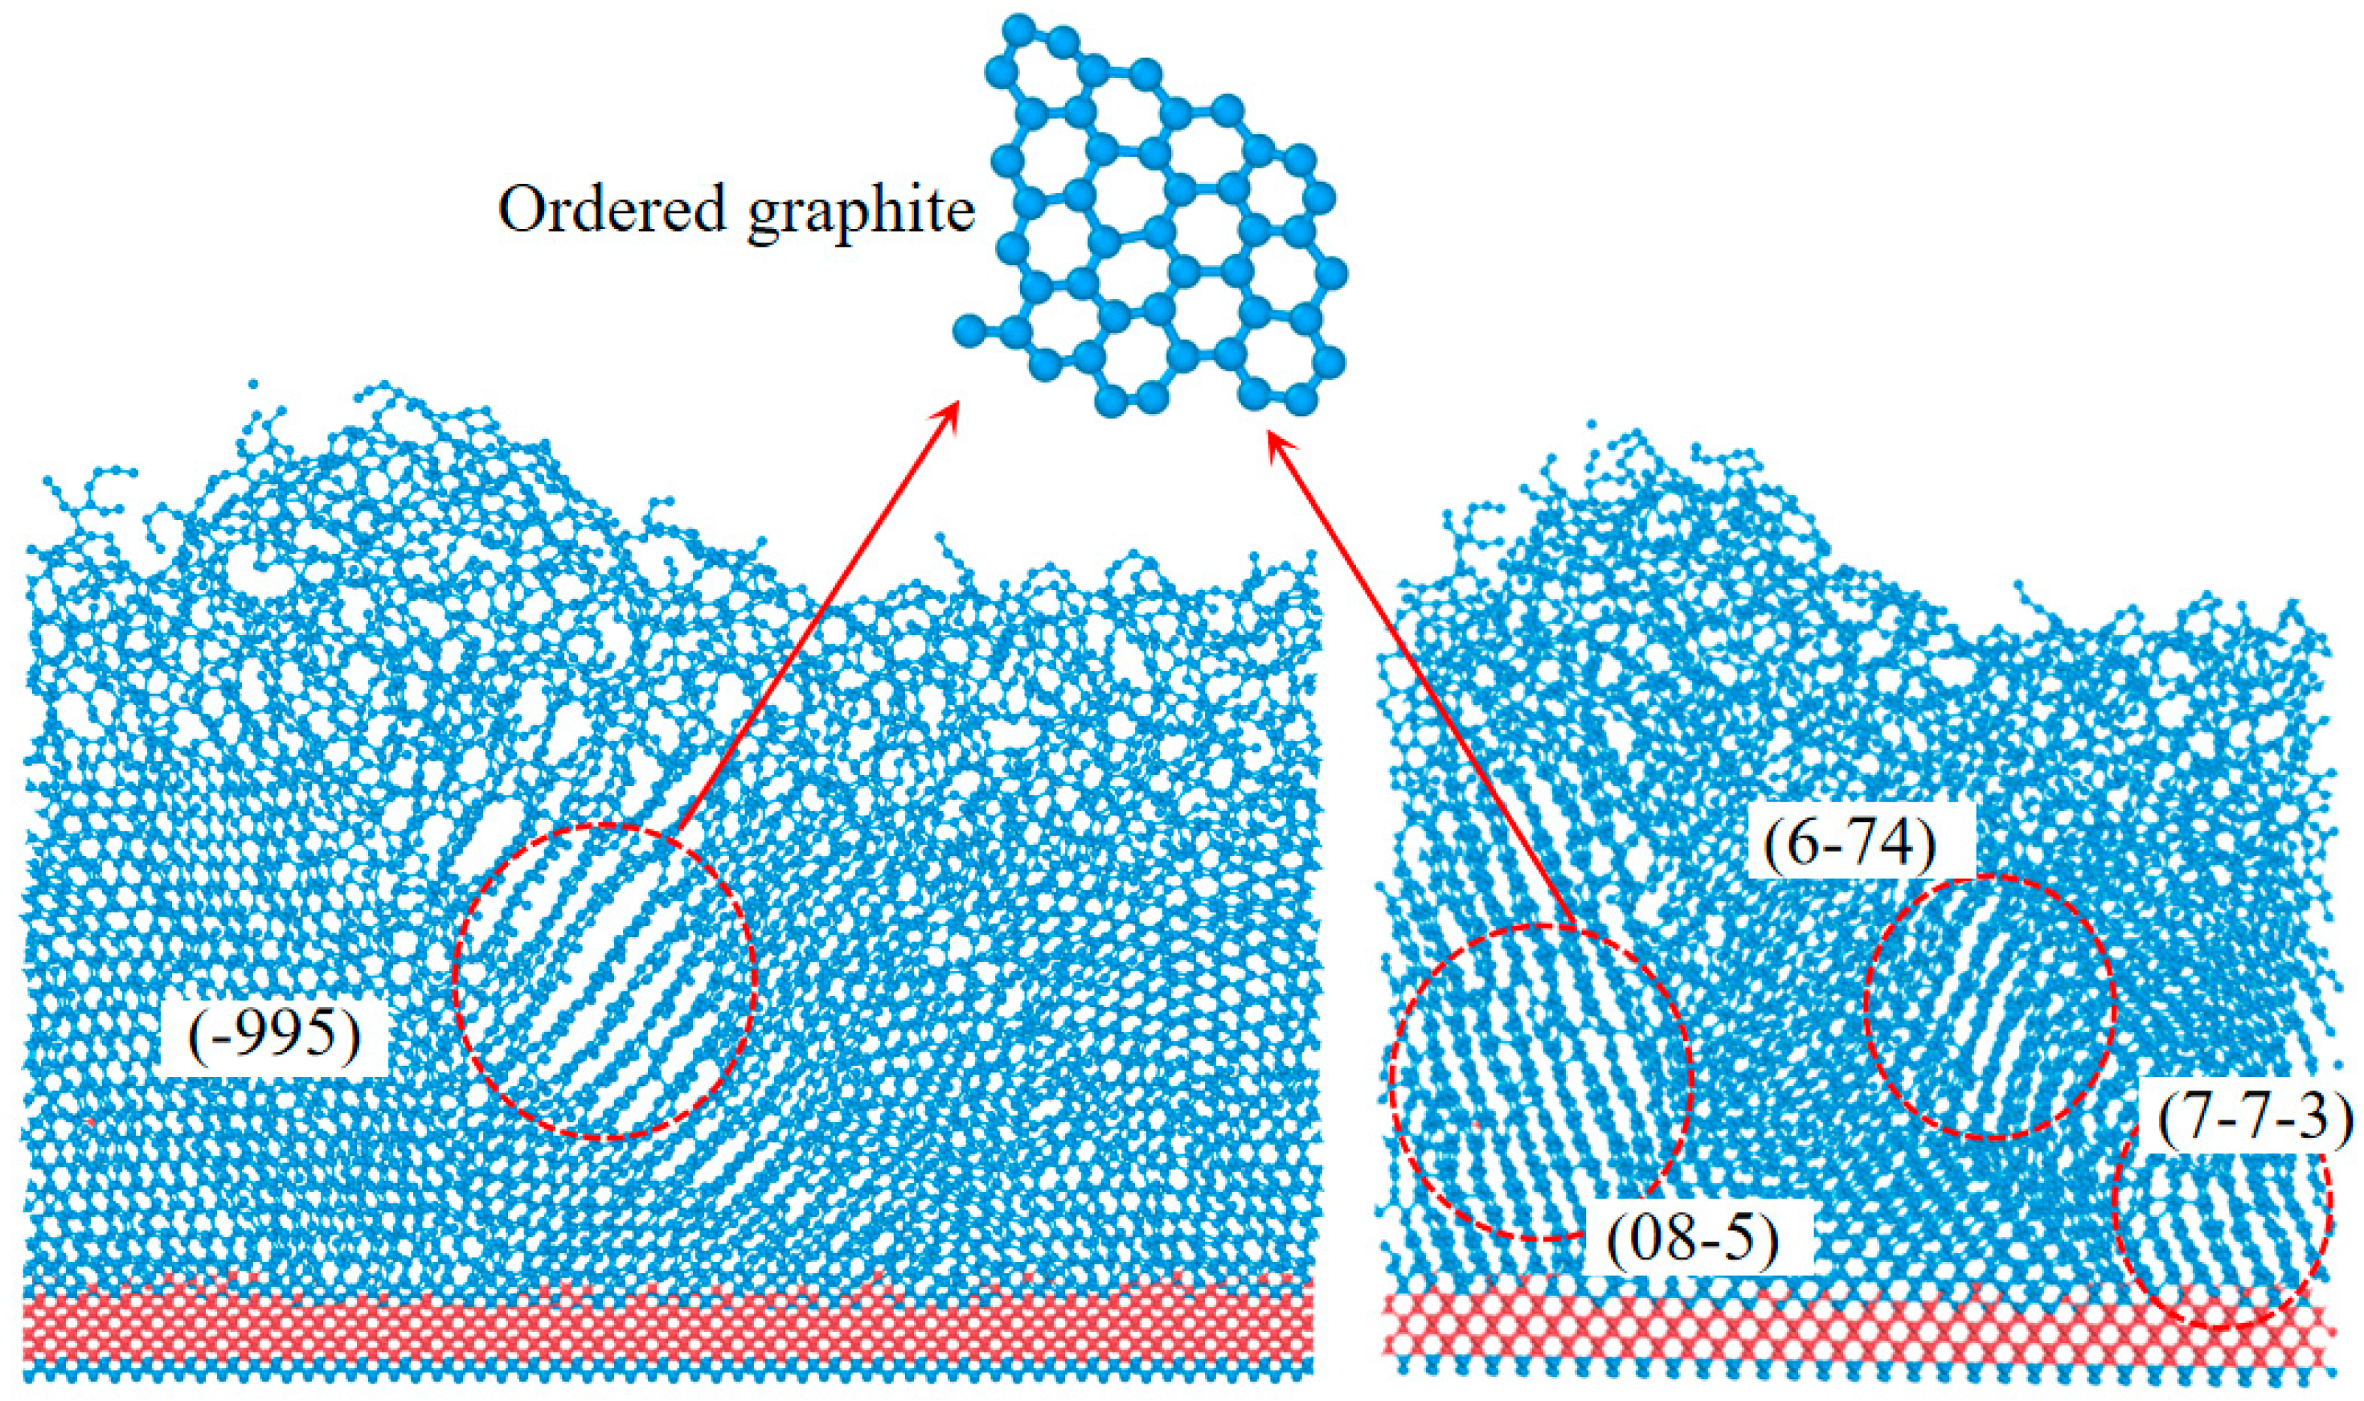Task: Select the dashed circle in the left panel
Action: point(605,982)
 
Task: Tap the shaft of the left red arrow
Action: point(812,623)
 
